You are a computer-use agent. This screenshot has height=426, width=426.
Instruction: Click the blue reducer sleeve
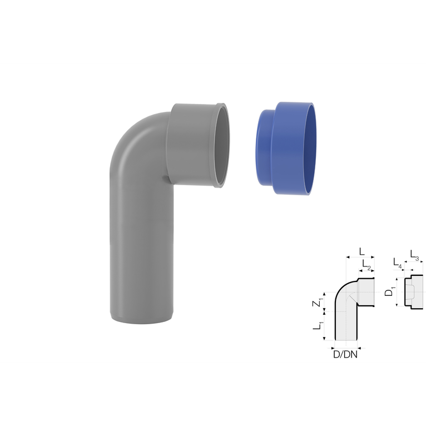coord(285,148)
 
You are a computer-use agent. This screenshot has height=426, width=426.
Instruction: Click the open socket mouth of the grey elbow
coord(221,145)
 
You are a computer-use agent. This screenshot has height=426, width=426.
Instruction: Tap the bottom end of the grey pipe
coord(142,318)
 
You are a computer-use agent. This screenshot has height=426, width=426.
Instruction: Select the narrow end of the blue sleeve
coord(264,147)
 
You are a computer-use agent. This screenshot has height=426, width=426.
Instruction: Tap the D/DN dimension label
coord(345,354)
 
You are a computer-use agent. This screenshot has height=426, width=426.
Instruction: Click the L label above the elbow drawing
coord(361,251)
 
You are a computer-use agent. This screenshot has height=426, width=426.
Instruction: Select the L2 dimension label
coord(366,264)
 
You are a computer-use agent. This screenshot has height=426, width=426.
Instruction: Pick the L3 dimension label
coord(414,255)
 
